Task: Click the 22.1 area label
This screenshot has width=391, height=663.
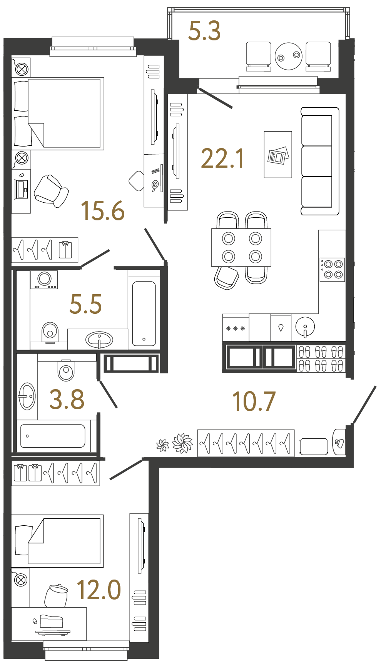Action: point(222,158)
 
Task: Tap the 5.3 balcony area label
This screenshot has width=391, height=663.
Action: point(204,31)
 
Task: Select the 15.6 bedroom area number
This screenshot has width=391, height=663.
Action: point(103,211)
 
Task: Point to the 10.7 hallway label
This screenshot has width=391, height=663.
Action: point(254,401)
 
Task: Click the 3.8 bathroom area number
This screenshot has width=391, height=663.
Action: point(67,399)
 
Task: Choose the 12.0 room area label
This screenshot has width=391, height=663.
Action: point(99,590)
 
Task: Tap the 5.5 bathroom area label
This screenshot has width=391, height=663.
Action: point(85,304)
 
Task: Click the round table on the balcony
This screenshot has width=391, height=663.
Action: point(289,56)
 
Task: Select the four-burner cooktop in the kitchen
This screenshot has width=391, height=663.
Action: point(332,269)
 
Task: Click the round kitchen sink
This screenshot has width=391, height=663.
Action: point(305,326)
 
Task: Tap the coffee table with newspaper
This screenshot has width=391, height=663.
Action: point(278,155)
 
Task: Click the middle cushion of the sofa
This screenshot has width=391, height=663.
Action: point(317,161)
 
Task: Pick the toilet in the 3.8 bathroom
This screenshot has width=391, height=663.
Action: point(66,370)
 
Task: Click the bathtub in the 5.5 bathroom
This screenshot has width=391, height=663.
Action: point(144,314)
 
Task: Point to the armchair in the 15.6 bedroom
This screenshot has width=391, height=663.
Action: point(51,191)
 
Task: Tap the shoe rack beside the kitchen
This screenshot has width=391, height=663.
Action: point(321,358)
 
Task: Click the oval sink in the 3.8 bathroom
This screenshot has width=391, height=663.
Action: point(27,396)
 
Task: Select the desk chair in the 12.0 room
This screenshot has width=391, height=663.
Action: point(56,596)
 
